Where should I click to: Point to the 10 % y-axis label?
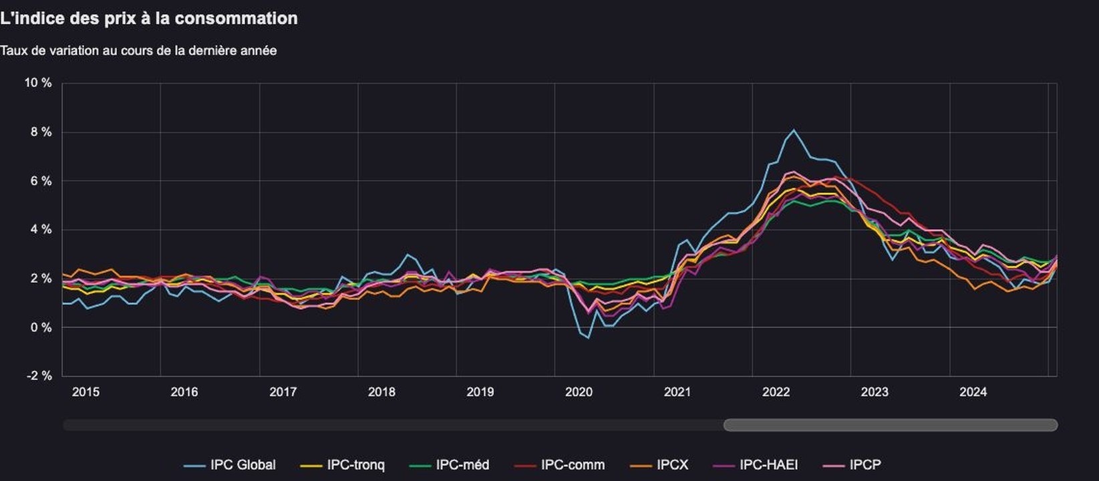pyautogui.click(x=37, y=83)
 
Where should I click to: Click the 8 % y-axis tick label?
pyautogui.click(x=41, y=132)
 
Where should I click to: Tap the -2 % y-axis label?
pyautogui.click(x=39, y=376)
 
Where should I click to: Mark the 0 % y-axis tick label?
pyautogui.click(x=41, y=327)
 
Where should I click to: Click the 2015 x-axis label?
pyautogui.click(x=86, y=392)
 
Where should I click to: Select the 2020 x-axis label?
pyautogui.click(x=579, y=392)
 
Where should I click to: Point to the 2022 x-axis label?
pyautogui.click(x=776, y=392)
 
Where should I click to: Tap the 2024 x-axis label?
pyautogui.click(x=973, y=392)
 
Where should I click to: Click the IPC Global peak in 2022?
pyautogui.click(x=793, y=130)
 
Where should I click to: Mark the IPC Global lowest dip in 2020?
pyautogui.click(x=588, y=338)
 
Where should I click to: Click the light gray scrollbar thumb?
pyautogui.click(x=891, y=425)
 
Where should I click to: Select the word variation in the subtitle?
pyautogui.click(x=74, y=51)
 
